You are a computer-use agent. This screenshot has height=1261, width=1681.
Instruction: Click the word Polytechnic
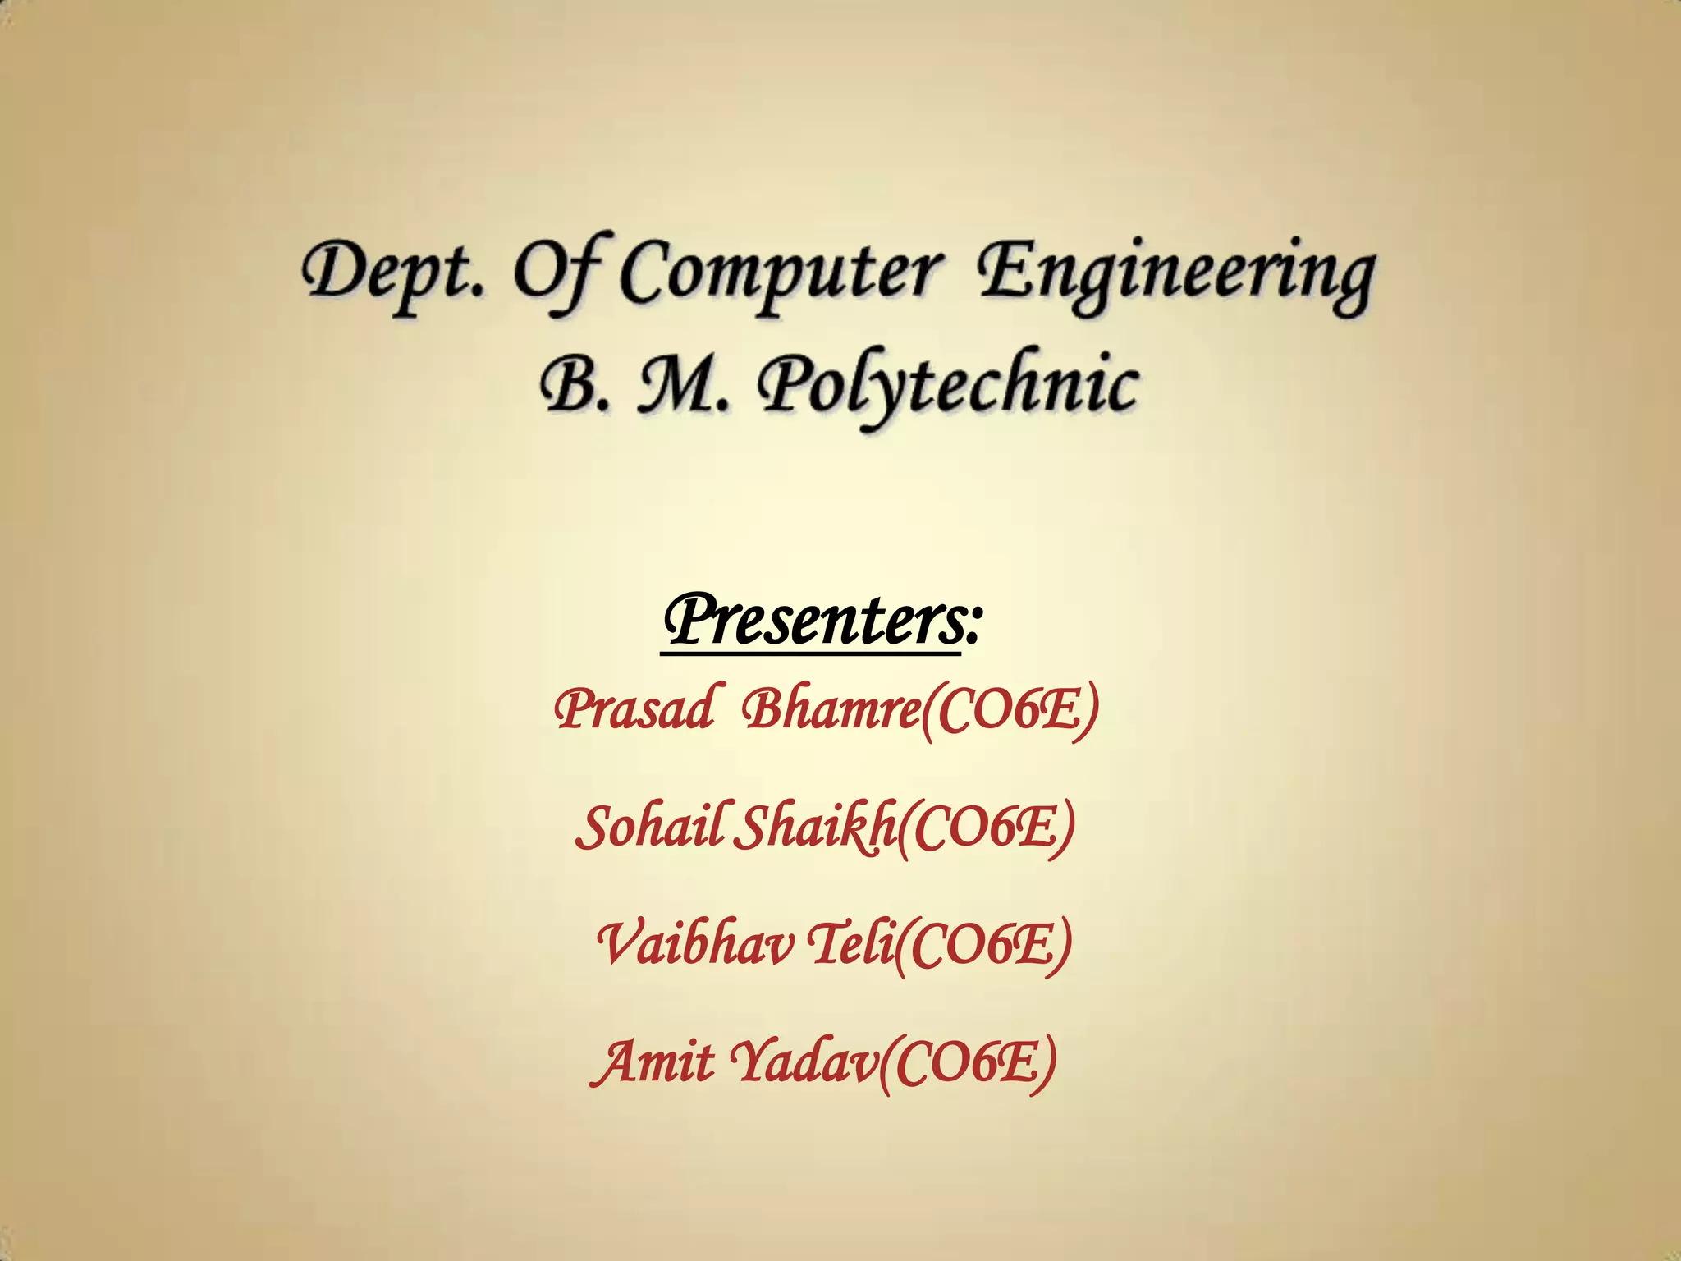pos(948,386)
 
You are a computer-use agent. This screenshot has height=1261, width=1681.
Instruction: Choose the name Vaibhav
pos(694,944)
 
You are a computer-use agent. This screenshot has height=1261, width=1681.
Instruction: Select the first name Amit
pos(653,1062)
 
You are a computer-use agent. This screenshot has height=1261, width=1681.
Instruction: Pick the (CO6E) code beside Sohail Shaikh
pos(986,828)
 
